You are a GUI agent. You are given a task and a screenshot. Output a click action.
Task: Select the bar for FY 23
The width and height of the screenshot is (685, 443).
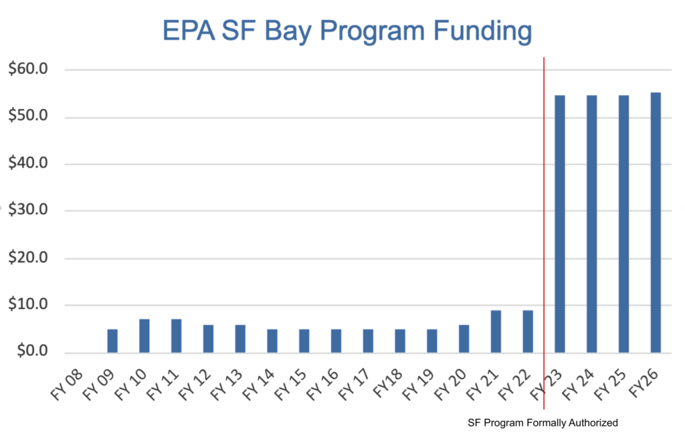click(559, 224)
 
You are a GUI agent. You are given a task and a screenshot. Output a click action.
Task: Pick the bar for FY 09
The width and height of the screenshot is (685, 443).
click(112, 341)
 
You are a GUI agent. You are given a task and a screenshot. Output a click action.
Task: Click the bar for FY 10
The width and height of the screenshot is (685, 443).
click(144, 336)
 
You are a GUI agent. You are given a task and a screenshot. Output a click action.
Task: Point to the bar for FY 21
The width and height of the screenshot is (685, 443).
click(496, 331)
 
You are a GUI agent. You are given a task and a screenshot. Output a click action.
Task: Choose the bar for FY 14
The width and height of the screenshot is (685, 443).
click(272, 341)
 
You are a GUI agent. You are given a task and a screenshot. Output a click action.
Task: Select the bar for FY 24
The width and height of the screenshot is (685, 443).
click(591, 224)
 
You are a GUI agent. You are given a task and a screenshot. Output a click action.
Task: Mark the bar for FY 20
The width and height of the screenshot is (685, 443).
click(464, 339)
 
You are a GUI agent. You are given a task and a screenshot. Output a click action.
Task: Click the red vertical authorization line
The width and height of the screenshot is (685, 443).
click(544, 201)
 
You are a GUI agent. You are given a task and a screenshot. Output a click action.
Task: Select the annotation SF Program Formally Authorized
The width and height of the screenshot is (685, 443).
click(543, 423)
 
